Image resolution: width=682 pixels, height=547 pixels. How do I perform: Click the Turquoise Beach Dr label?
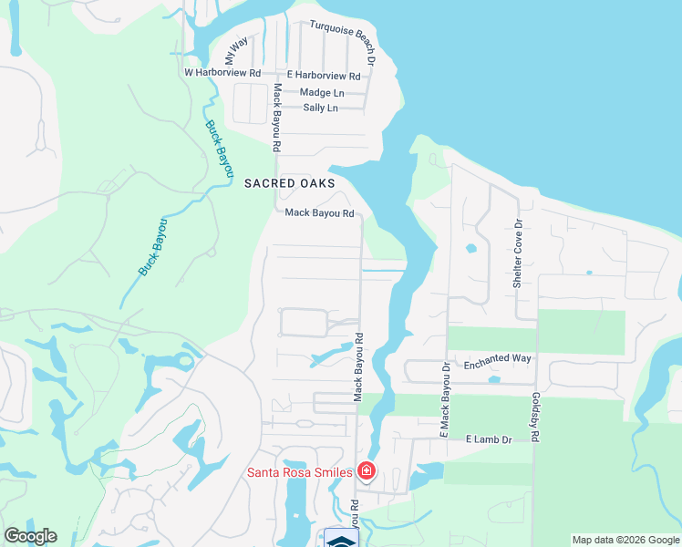pos(346,37)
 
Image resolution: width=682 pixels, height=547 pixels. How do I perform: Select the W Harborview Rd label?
pos(222,72)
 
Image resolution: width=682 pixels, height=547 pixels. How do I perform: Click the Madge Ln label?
pos(322,92)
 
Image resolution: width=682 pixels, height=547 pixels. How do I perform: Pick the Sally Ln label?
pos(320,108)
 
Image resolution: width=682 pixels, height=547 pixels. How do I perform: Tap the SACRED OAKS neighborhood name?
pos(290,183)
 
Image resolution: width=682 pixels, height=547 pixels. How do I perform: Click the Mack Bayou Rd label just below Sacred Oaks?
pos(319,213)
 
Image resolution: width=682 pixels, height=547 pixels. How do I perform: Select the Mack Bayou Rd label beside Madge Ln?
pos(276,117)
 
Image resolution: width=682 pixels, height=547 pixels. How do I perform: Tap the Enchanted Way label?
pos(497,359)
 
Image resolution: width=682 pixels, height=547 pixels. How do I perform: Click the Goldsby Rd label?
pos(535,418)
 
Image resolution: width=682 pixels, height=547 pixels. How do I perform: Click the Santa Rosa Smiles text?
pos(299,471)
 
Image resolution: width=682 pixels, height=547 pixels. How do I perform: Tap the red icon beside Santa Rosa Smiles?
pos(366,470)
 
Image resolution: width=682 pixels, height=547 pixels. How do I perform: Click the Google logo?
pos(30,536)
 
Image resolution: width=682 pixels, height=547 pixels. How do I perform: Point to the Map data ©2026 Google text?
pos(625,540)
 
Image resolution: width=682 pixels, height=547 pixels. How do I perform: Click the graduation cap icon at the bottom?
pos(341,540)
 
